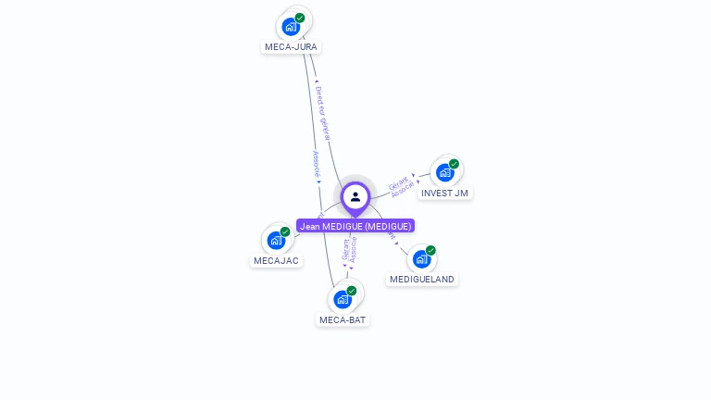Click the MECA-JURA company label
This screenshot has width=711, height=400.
tap(291, 46)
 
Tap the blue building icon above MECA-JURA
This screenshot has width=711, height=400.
tap(291, 27)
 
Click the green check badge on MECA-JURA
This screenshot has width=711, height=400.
tap(300, 18)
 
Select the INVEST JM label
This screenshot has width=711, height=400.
tap(444, 194)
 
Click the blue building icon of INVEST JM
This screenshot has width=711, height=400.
tap(444, 173)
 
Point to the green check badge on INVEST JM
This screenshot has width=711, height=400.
tap(454, 164)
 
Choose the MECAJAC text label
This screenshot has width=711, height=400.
tap(276, 260)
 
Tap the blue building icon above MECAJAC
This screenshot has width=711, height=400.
tap(276, 241)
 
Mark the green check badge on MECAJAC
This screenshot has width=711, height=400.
tap(285, 231)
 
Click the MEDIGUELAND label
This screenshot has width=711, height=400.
tap(422, 279)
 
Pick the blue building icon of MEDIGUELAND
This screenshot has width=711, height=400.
tap(421, 259)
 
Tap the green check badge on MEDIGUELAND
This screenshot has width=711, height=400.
tap(430, 250)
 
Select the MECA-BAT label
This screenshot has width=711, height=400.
tap(343, 319)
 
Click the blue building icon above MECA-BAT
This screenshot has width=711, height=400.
tap(343, 299)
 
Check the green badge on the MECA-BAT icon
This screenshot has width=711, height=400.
tap(352, 291)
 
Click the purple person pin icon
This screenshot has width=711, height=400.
tap(355, 197)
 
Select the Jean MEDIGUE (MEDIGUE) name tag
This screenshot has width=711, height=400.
tap(355, 226)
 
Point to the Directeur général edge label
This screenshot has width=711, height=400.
tap(322, 112)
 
